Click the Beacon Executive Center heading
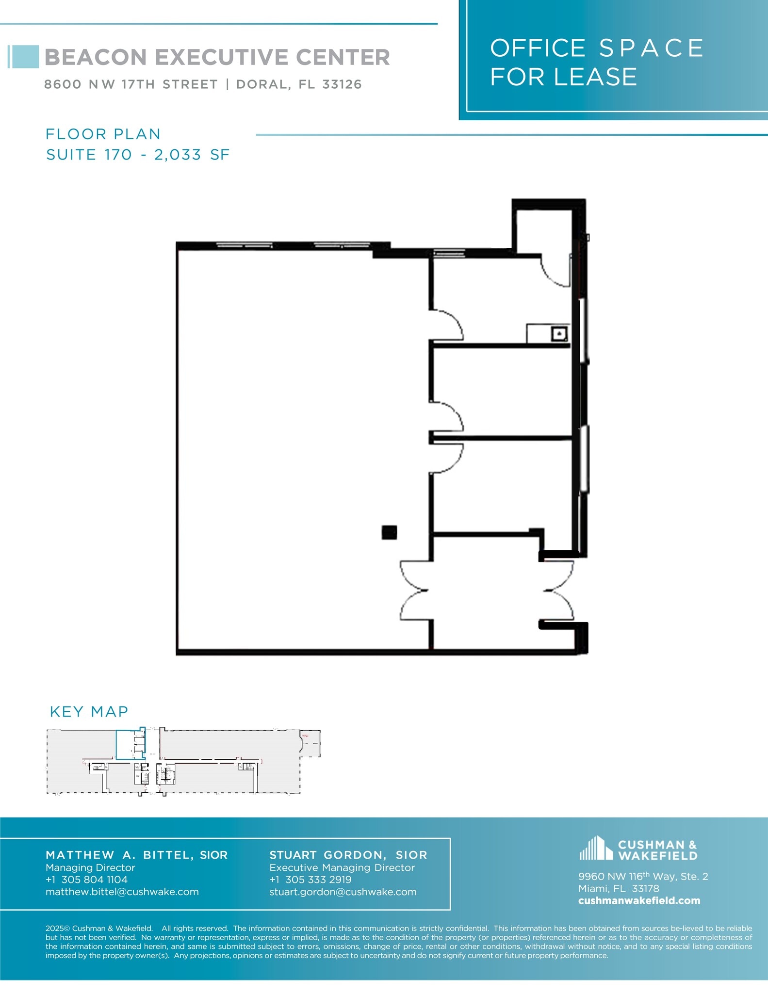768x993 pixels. tap(217, 57)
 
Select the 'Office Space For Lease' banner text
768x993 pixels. tap(597, 63)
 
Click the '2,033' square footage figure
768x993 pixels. tap(177, 155)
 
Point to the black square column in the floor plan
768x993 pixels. tap(389, 532)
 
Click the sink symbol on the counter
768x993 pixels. tap(559, 334)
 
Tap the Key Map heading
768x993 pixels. tap(89, 711)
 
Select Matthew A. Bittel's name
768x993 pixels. tap(136, 855)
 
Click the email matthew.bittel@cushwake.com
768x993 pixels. tap(122, 892)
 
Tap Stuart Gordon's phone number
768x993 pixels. tap(318, 880)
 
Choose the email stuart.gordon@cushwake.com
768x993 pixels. tap(343, 892)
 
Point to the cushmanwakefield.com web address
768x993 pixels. tap(639, 901)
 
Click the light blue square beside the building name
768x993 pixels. tap(25, 57)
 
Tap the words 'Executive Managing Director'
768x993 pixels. tap(342, 867)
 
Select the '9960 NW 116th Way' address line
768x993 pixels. tap(643, 877)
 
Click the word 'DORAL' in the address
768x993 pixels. tap(262, 84)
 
